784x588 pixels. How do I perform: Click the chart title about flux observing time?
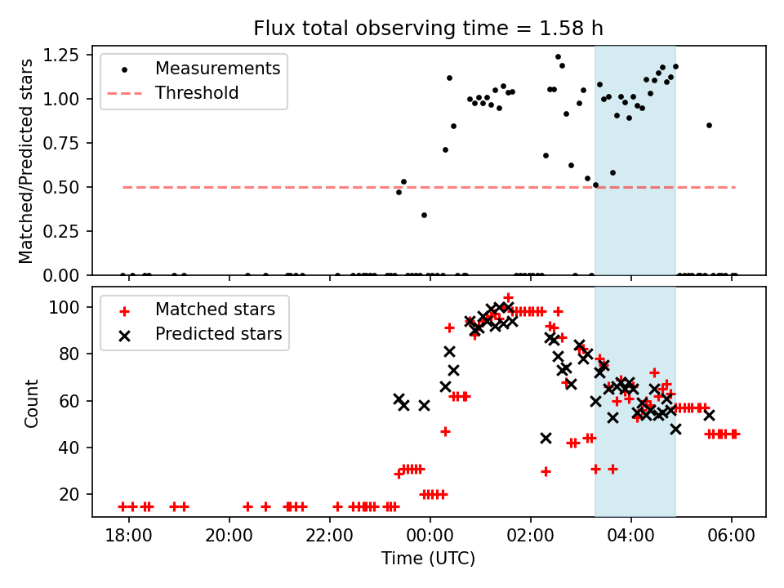[428, 29]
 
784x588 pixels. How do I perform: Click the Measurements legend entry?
[217, 68]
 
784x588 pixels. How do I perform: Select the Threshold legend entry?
[197, 93]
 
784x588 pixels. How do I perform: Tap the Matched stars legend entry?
[215, 310]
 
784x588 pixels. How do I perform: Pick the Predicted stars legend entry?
[218, 334]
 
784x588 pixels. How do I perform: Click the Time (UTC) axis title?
[428, 559]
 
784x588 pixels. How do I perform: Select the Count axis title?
[32, 403]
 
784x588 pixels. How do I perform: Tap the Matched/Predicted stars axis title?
[27, 161]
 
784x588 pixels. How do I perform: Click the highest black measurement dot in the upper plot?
[558, 57]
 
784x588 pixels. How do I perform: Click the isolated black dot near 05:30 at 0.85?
[709, 125]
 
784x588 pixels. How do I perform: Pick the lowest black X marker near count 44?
[546, 439]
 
